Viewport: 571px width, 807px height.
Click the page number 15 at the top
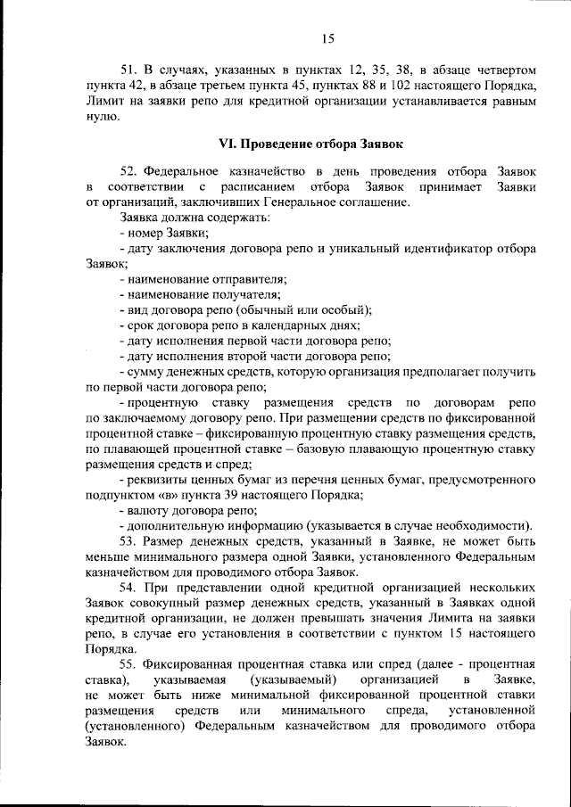(x=327, y=37)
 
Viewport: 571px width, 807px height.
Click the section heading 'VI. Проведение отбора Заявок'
(x=311, y=143)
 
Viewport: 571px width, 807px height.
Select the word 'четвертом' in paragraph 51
(x=501, y=70)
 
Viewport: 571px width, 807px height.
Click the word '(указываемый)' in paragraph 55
(x=288, y=681)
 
